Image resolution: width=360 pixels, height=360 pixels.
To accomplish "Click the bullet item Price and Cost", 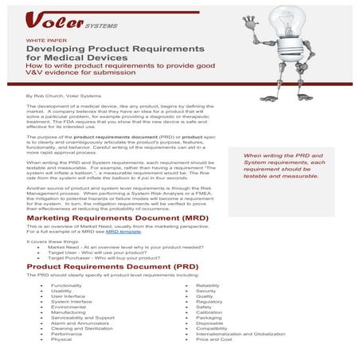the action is point(213,339).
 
